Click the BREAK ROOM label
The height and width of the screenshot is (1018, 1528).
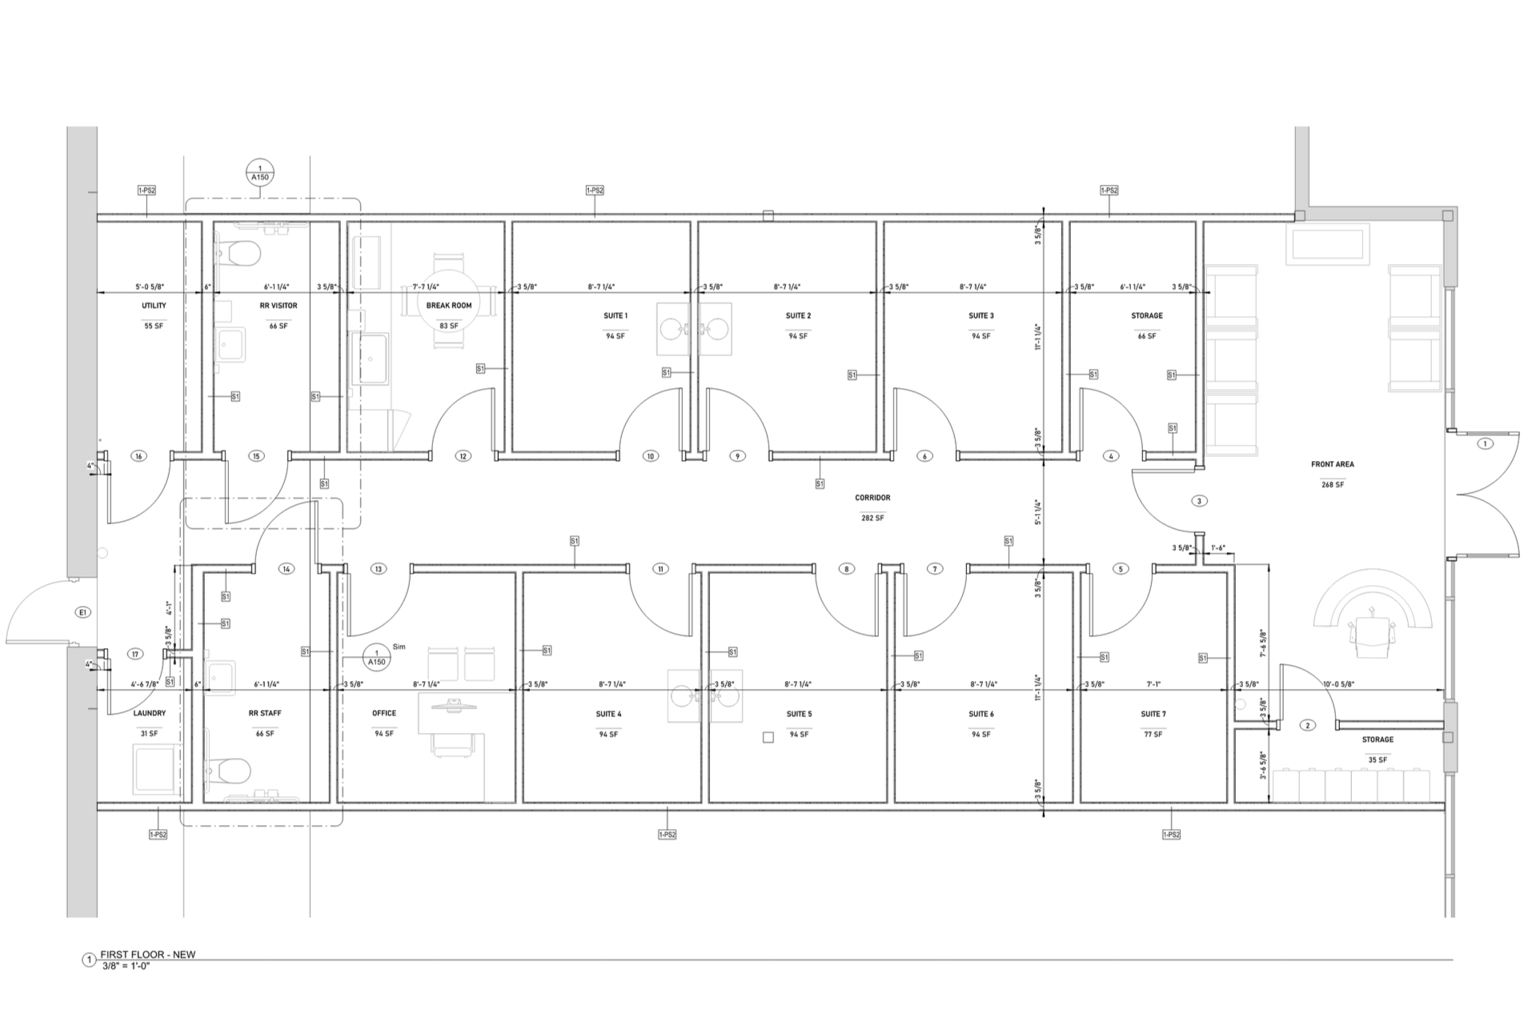coord(448,305)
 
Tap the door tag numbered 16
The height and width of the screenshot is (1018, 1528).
coord(138,456)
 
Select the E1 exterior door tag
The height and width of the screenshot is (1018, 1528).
coord(82,612)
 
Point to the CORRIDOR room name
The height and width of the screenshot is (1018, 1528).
coord(872,498)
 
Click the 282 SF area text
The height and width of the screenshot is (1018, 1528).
coord(872,518)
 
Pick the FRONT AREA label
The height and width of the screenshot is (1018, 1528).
coord(1332,464)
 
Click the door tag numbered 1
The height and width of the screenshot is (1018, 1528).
coord(1485,443)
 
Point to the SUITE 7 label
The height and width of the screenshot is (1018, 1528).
coord(1153,714)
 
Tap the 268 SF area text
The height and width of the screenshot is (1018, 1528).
coord(1332,484)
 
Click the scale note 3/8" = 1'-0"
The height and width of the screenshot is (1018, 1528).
coord(126,966)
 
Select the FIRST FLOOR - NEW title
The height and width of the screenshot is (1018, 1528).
coord(147,954)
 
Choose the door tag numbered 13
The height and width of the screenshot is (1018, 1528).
coord(378,569)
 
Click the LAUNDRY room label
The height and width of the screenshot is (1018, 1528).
coord(149,713)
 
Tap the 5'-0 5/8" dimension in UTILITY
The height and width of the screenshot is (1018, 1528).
coord(150,287)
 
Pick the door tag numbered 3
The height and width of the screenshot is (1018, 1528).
coord(1198,501)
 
